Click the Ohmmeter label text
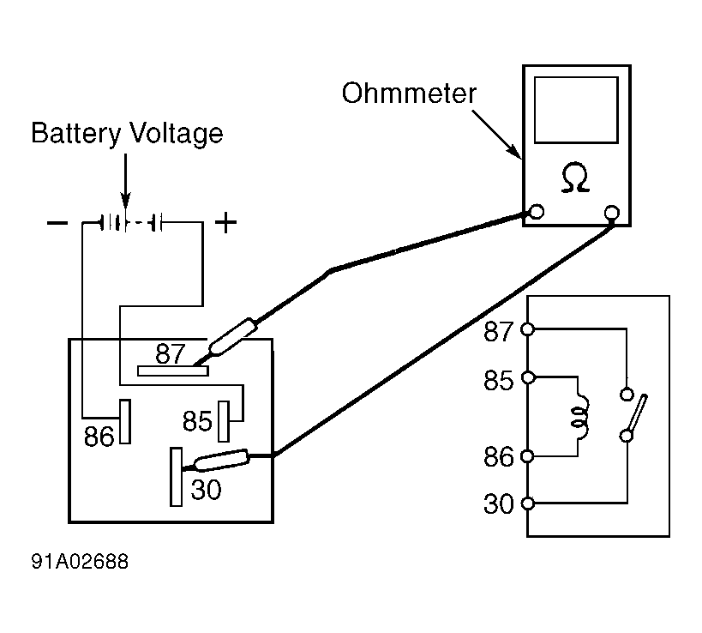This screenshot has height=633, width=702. pyautogui.click(x=408, y=93)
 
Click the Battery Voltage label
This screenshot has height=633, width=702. pyautogui.click(x=127, y=133)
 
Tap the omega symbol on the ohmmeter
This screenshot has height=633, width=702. pyautogui.click(x=574, y=178)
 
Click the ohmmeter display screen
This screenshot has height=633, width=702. pyautogui.click(x=575, y=110)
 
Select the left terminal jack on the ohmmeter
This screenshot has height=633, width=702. pyautogui.click(x=536, y=211)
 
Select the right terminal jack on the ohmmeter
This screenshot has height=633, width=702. pyautogui.click(x=612, y=212)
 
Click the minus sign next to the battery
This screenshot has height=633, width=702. pyautogui.click(x=57, y=224)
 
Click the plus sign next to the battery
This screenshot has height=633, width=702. pyautogui.click(x=225, y=224)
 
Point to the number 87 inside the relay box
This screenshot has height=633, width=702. pyautogui.click(x=171, y=353)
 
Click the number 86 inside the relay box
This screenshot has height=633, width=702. pyautogui.click(x=99, y=437)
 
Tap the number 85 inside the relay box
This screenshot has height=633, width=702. pyautogui.click(x=197, y=421)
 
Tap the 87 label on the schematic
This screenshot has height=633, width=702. pyautogui.click(x=498, y=330)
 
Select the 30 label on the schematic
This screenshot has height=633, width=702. pyautogui.click(x=498, y=503)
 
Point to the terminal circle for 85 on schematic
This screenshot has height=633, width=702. pyautogui.click(x=529, y=377)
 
